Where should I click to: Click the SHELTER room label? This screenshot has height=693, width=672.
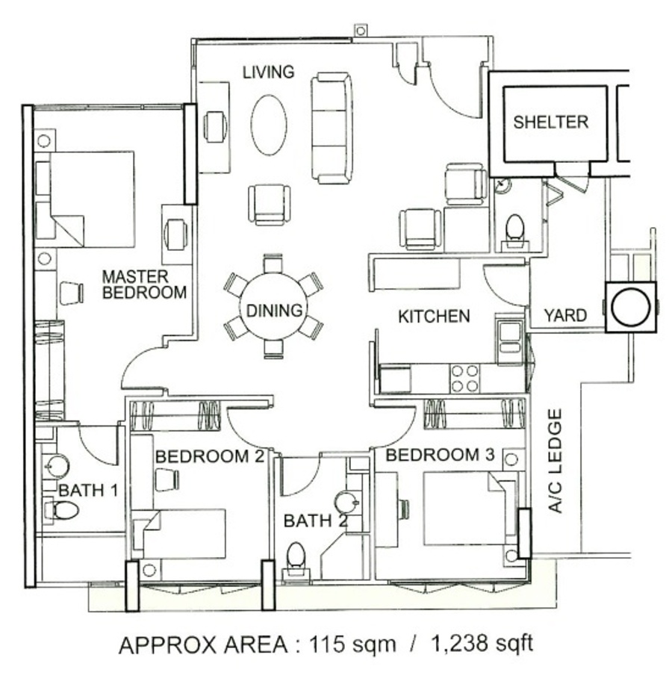point(550,122)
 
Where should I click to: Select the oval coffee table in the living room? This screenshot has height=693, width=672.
point(269,125)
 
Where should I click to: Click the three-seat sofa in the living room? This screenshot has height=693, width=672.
point(332,128)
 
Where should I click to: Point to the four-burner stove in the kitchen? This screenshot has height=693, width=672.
point(464,379)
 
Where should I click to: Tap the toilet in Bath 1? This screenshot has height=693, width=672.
point(62,511)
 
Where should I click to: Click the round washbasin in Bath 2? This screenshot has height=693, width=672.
point(346,502)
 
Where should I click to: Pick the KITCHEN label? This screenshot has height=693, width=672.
point(434,317)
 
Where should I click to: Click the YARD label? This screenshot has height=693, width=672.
point(565,316)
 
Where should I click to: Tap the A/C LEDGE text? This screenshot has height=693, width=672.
point(555,460)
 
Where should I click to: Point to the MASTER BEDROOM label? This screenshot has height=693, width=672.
point(144,285)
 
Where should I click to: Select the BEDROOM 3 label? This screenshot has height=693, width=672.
point(440,455)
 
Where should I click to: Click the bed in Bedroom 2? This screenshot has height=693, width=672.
point(180,533)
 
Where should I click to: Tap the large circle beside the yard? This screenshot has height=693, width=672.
point(630,307)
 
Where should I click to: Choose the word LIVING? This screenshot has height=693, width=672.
point(269,72)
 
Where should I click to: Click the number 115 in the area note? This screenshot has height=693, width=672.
point(327,644)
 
